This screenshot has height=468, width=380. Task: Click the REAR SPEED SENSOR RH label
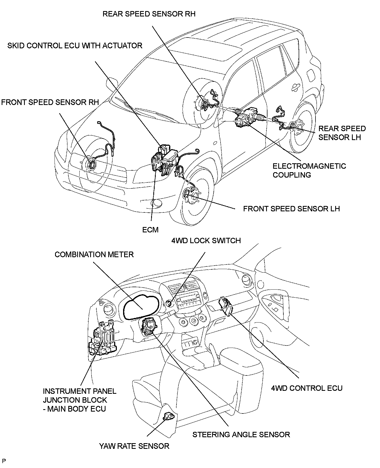pos(149,14)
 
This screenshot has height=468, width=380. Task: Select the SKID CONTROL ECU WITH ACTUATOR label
pos(75,45)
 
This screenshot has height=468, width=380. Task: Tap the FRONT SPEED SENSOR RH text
pos(50,102)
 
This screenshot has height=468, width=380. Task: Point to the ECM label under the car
pos(150,230)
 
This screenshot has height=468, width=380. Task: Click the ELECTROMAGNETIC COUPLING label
pos(309,170)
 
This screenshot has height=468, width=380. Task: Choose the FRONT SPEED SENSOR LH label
pos(291,209)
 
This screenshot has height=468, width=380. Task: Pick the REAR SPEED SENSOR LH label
pos(342,133)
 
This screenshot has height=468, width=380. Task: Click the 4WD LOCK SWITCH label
pos(206,240)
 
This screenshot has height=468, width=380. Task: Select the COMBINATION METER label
pos(94,255)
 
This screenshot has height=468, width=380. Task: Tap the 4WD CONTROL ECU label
pos(307,388)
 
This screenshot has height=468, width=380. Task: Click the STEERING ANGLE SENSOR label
pos(241,435)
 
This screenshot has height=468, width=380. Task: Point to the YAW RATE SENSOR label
pos(134,446)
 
